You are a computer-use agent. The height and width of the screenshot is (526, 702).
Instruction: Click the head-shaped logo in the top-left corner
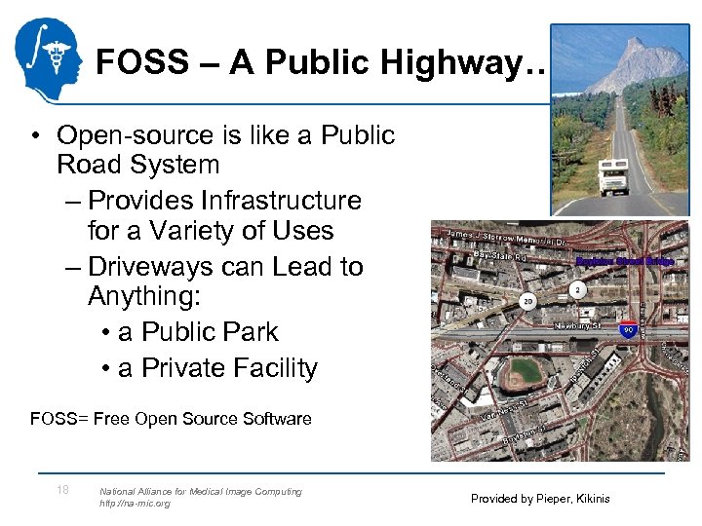click(49, 60)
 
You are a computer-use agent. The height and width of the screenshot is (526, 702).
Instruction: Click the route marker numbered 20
click(527, 302)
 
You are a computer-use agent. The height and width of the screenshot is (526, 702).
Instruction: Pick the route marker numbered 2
click(577, 289)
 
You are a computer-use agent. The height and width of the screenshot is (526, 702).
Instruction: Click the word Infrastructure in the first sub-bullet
click(281, 201)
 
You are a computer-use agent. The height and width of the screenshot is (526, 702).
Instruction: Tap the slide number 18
click(62, 490)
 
